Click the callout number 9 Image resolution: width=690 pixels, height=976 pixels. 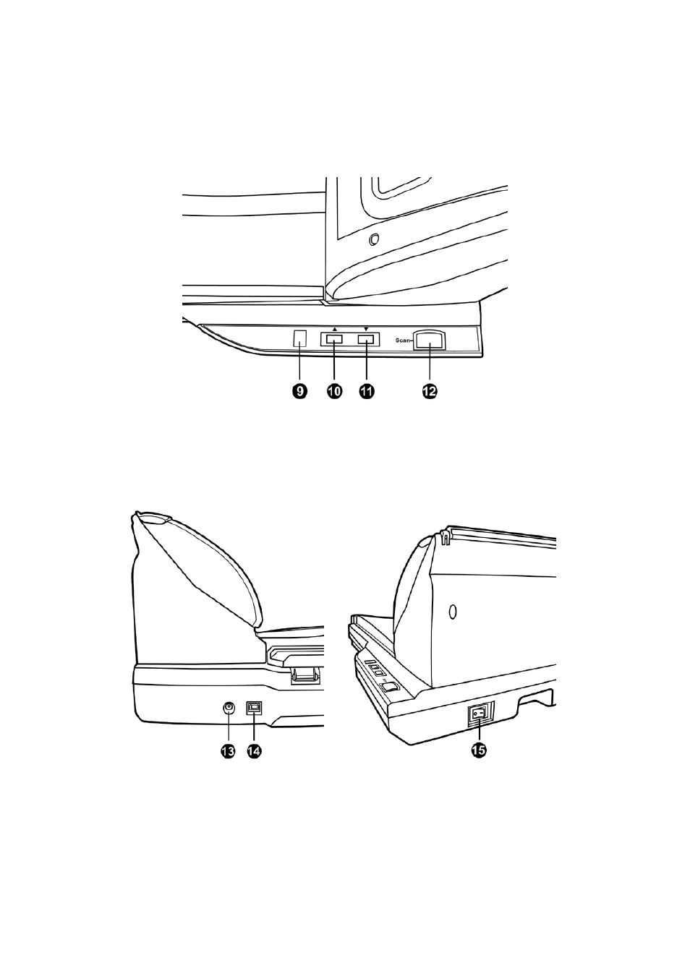(x=299, y=391)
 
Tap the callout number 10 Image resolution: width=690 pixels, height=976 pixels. (x=334, y=391)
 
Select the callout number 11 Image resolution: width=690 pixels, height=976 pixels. (x=366, y=391)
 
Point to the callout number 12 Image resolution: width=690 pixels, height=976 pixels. (x=430, y=391)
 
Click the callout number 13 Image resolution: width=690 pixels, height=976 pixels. (x=228, y=750)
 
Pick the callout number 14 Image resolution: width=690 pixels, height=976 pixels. (x=254, y=750)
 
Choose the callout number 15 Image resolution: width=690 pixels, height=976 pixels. (x=479, y=750)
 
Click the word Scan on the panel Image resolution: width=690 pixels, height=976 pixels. (x=403, y=340)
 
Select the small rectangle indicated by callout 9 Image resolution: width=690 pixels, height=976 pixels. (x=299, y=339)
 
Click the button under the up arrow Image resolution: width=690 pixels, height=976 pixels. (x=334, y=339)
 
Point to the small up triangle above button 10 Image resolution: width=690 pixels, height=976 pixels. (x=334, y=329)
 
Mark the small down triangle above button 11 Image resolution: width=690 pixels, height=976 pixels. (x=366, y=329)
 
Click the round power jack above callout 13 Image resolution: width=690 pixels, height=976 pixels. (x=229, y=709)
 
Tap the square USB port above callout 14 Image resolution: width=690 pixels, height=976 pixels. (x=254, y=709)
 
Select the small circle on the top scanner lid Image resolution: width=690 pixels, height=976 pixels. (x=373, y=239)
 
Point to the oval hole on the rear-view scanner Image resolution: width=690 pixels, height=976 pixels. (x=453, y=612)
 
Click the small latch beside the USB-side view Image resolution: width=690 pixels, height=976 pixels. (x=304, y=674)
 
